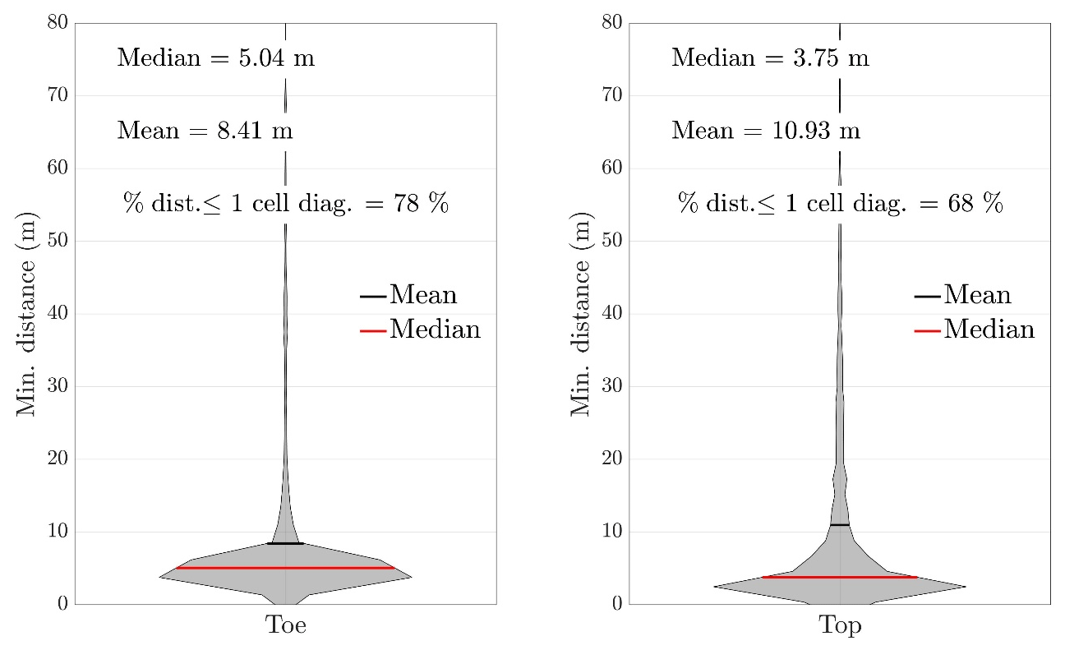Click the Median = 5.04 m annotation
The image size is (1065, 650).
[215, 58]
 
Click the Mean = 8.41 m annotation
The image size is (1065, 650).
[205, 130]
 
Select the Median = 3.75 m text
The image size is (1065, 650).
[770, 58]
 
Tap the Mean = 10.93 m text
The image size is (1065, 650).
[766, 130]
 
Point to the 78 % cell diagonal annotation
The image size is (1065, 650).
[286, 203]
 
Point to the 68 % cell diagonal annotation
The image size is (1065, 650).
[840, 203]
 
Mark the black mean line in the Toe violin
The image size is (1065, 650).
[285, 543]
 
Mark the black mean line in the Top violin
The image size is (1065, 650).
[839, 524]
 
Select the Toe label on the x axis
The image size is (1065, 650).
[285, 626]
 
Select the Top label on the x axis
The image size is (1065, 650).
[840, 626]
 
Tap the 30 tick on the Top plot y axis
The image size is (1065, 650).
[613, 386]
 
